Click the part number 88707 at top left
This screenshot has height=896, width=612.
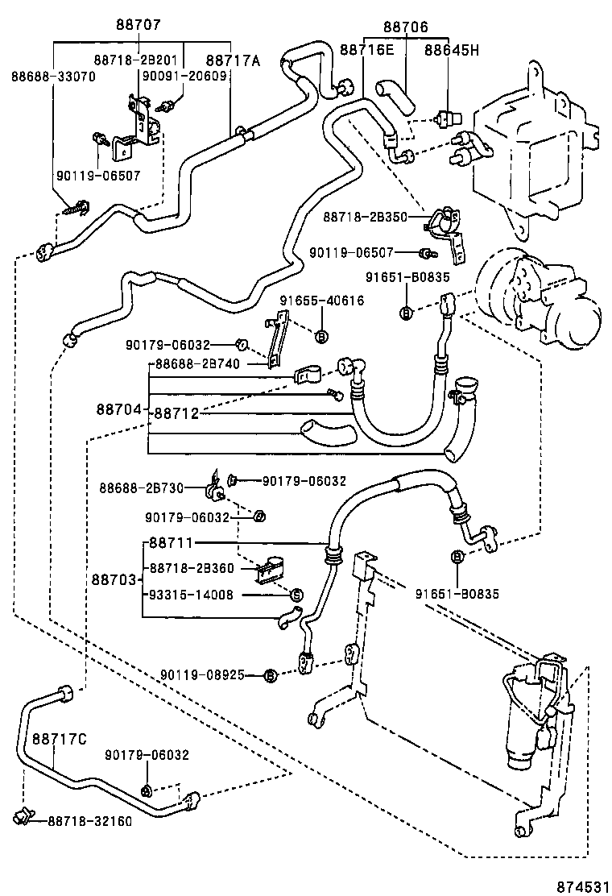pos(139,26)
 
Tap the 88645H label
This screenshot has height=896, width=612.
pos(452,50)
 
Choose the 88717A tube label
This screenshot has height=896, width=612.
pos(233,60)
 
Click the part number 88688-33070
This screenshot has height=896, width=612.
pos(53,77)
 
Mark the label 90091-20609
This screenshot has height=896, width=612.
pos(184,77)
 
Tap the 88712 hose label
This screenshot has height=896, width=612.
pos(176,413)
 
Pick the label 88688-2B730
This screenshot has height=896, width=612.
pos(142,487)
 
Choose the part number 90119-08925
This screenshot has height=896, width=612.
pos(201,674)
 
